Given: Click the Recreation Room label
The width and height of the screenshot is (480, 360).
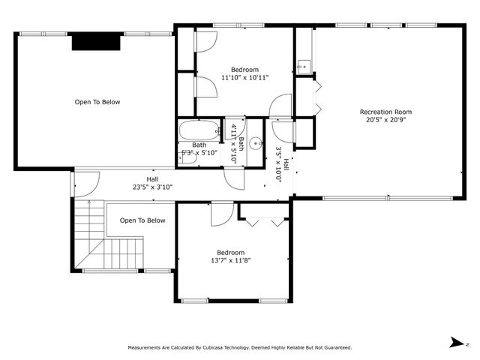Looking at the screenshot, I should pos(388,112).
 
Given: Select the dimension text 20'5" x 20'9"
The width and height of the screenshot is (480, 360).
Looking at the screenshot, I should pos(388,120).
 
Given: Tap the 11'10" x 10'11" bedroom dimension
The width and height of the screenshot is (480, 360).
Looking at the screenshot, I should pos(244,77).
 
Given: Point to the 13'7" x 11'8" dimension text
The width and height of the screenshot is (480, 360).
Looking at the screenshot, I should pos(230,260).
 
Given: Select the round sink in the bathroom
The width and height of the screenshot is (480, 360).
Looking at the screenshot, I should pos(256,142).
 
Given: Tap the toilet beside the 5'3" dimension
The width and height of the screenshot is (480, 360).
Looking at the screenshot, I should pos(218,133).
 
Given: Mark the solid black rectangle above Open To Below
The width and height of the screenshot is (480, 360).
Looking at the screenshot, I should pos(96,42).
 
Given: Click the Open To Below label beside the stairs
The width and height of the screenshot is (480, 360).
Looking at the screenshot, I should pos(142,220).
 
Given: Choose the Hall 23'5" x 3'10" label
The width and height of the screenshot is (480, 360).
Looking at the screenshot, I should pos(152,184).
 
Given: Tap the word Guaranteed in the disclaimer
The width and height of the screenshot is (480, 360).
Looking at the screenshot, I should pos(334,348).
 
